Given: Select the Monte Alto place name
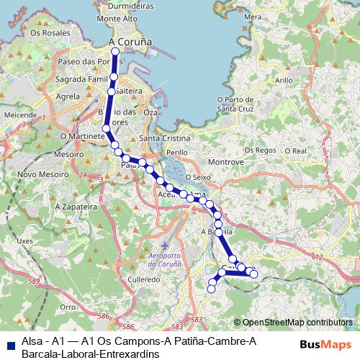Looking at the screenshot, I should coord(119,19).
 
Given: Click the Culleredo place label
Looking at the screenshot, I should coord(144,276).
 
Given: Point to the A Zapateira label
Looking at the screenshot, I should coord(75,206).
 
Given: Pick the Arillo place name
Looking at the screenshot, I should coord(284,80).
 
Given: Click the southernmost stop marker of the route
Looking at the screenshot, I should coord(212,289).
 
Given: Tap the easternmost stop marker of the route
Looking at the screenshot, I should coord(253,274).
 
